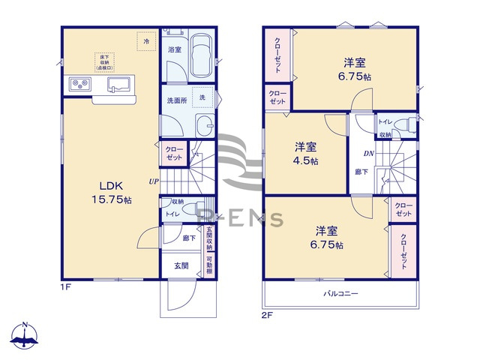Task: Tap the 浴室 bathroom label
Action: click(x=175, y=49)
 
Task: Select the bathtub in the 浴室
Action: click(x=200, y=55)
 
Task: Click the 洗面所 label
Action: click(x=175, y=100)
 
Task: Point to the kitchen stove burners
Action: click(x=80, y=83)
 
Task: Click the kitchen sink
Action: click(x=118, y=83)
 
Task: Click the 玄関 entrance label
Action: click(x=181, y=265)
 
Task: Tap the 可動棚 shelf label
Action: click(x=209, y=265)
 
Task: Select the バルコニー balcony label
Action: click(x=340, y=293)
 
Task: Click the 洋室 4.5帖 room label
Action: click(x=305, y=153)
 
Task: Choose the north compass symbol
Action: click(x=26, y=336)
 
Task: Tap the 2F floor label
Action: click(x=266, y=316)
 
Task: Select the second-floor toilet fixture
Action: click(x=404, y=124)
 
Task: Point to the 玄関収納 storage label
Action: click(x=209, y=238)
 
